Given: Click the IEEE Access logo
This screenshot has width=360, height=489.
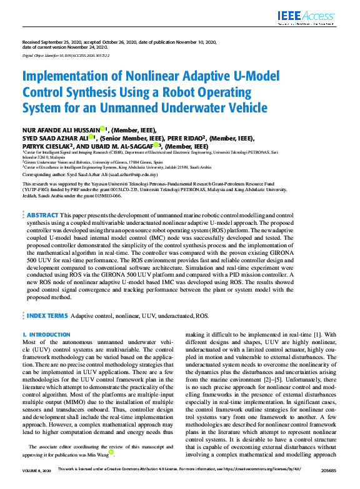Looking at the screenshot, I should click(316, 17).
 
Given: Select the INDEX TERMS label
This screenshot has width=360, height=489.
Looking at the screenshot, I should click(47, 316).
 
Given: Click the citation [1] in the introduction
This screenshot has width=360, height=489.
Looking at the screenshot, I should click(318, 334).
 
